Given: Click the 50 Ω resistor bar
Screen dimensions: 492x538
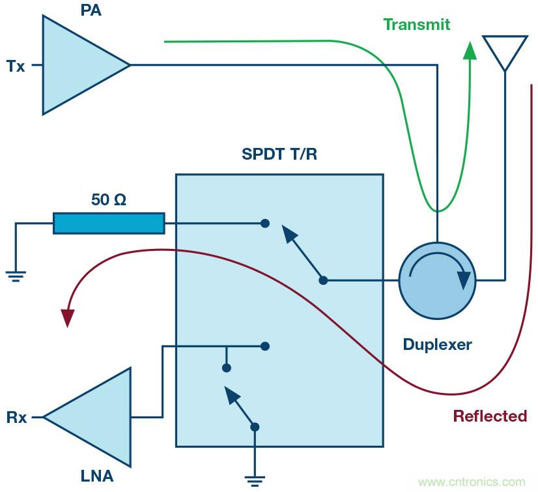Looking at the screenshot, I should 109,224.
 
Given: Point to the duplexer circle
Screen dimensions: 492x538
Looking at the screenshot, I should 436,280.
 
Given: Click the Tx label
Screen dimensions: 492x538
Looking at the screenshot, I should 16,66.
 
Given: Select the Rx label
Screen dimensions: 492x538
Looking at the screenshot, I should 17,418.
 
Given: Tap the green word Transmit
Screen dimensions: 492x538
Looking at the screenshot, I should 417,25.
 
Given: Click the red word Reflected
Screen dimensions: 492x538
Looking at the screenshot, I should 490,416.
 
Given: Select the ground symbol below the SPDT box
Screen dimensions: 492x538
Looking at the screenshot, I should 254,481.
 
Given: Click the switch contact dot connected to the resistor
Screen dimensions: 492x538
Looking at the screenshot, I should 264,224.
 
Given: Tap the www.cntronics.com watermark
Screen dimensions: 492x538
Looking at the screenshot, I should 472,483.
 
